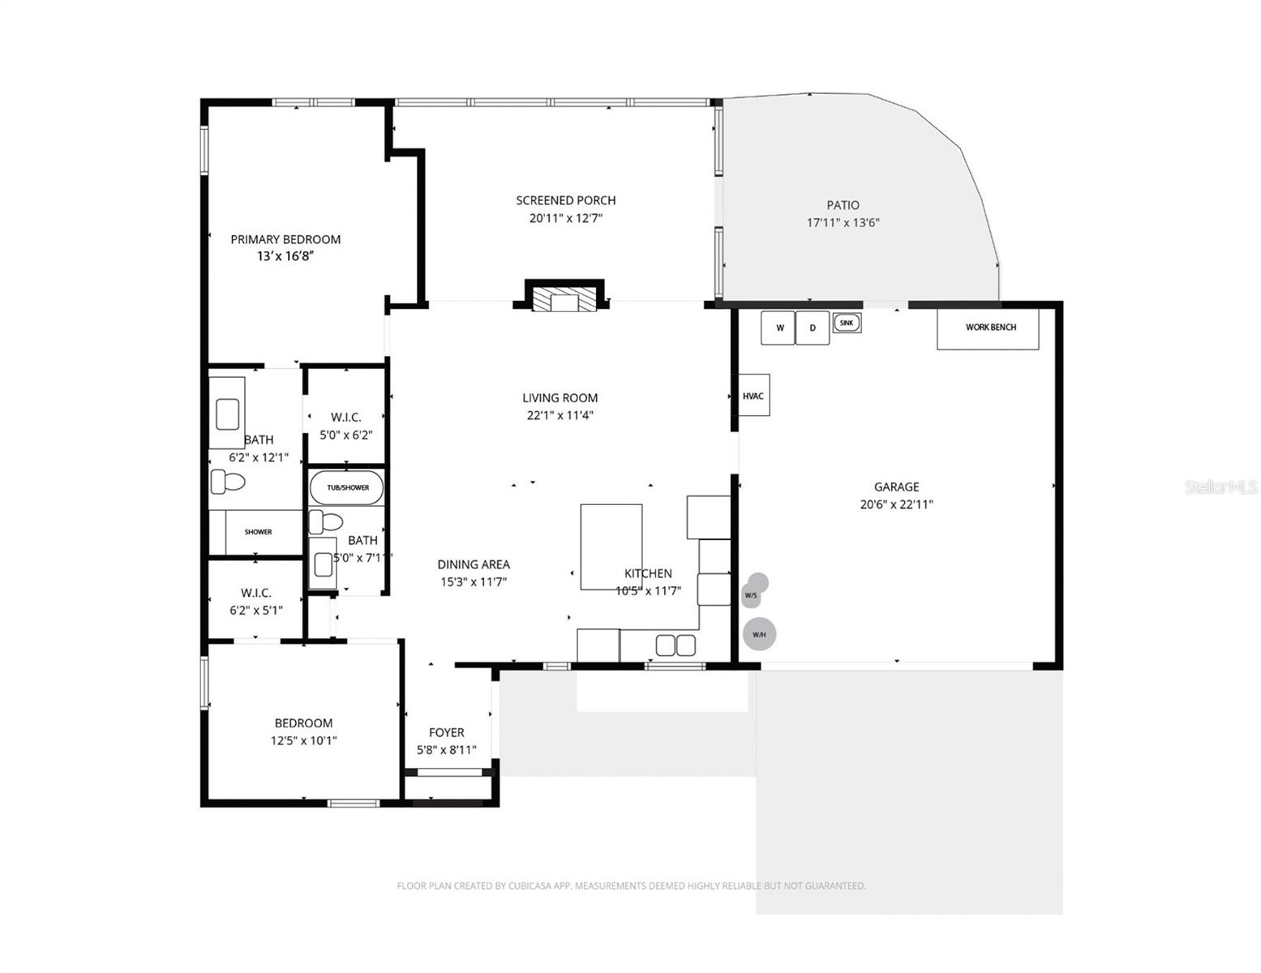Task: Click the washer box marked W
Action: tap(777, 328)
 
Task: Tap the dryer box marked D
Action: tap(812, 328)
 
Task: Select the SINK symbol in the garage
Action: tap(847, 323)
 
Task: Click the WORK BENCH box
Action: tap(988, 328)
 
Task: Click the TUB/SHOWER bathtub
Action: tap(347, 487)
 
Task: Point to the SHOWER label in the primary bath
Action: tap(258, 532)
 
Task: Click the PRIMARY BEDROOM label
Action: tap(285, 239)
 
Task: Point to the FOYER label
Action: tap(446, 732)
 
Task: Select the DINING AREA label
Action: tap(474, 564)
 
